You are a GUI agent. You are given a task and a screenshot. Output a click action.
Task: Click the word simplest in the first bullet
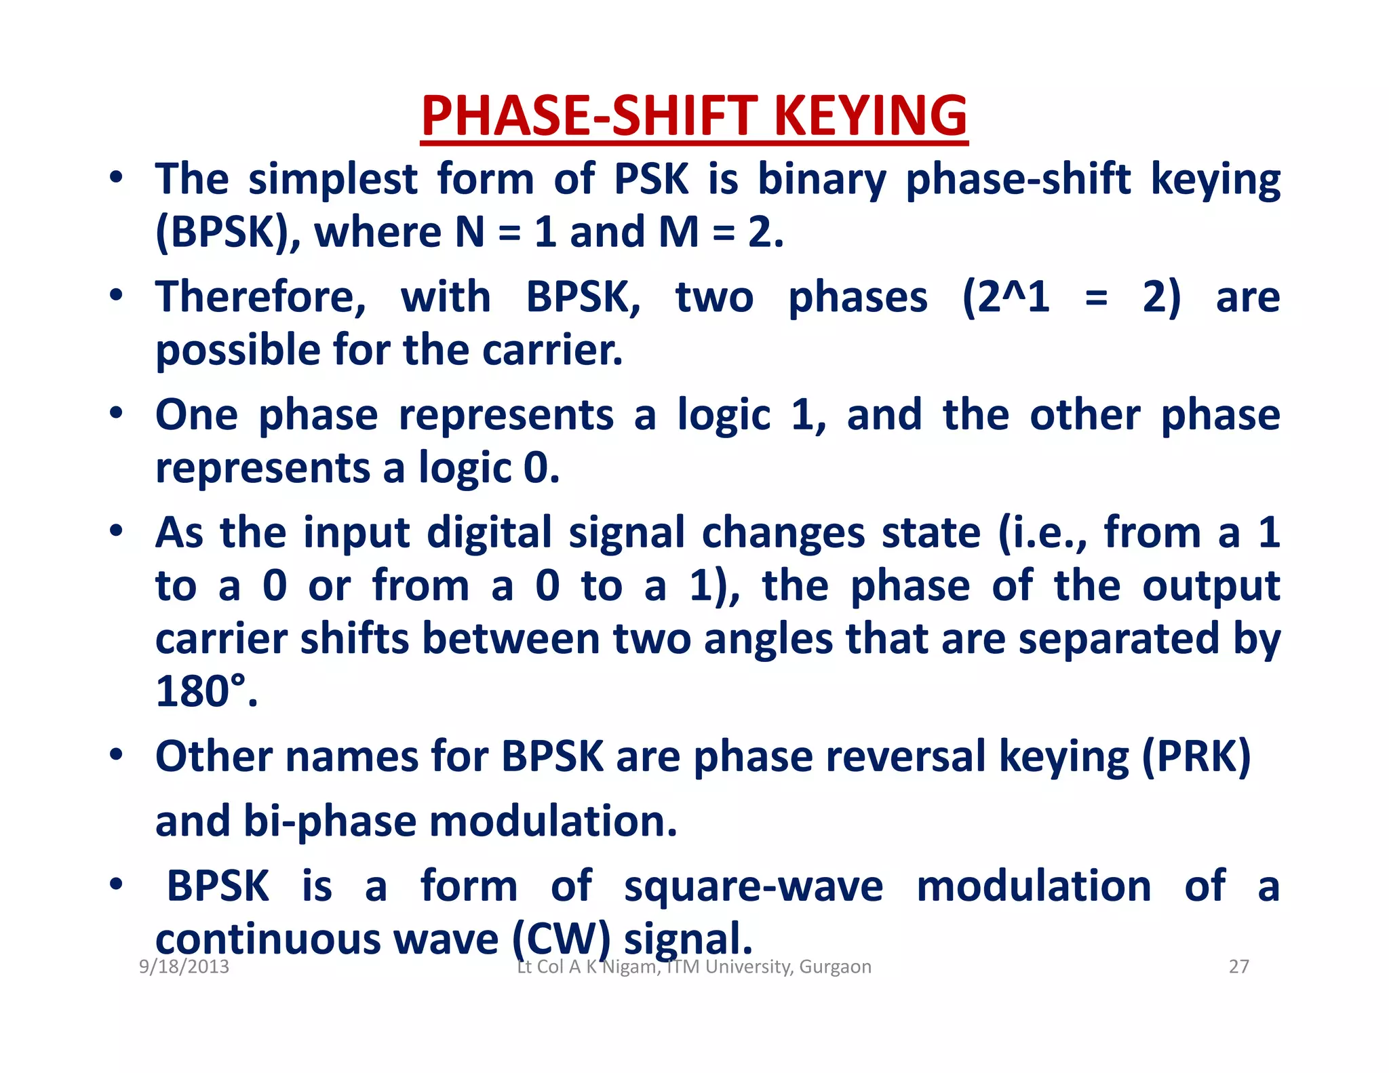click(x=333, y=180)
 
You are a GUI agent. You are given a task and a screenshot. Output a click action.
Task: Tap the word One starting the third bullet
click(x=197, y=415)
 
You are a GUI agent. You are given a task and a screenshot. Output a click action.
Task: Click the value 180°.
click(x=206, y=692)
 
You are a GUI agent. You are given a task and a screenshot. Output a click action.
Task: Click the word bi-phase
click(x=330, y=821)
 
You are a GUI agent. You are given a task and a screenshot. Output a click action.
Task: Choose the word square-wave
click(x=754, y=886)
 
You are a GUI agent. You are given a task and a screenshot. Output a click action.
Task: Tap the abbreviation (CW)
click(x=562, y=939)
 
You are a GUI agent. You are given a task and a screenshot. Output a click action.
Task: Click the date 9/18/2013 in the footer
click(x=184, y=967)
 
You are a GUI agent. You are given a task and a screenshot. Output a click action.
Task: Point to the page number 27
click(x=1238, y=967)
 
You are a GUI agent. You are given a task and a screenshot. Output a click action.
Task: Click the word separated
click(x=1119, y=639)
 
